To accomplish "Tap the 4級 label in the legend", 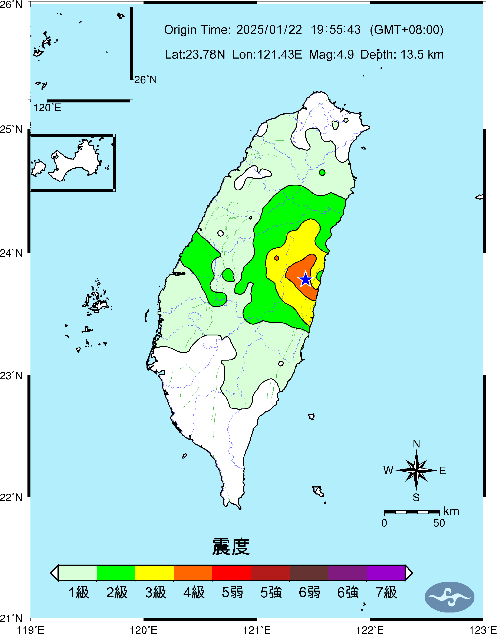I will point(194,592).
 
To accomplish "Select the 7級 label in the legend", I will point(386,592).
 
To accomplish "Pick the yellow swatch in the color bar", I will point(155,573).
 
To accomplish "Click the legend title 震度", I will point(231,547).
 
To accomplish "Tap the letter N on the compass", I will point(416,444).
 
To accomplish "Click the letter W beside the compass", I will point(388,470).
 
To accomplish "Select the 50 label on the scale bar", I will point(439,523).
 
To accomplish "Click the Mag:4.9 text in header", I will point(331,54).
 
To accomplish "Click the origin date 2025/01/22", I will point(269,30).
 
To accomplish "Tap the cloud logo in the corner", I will point(449,597).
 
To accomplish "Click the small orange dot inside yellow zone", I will point(277,258).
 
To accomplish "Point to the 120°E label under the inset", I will point(47,108).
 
